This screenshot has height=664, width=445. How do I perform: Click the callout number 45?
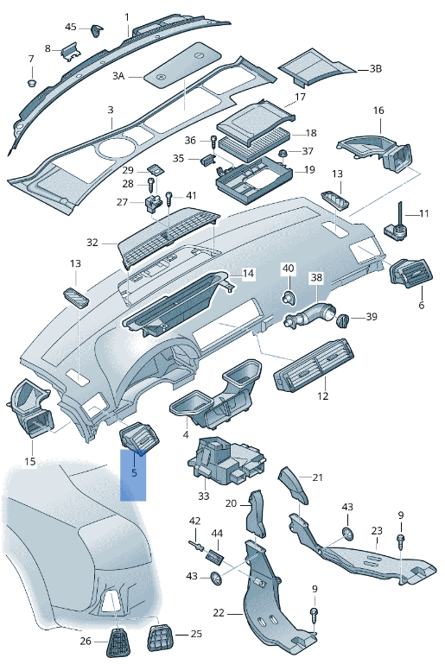point(70,28)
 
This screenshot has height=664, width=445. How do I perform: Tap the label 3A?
point(118,76)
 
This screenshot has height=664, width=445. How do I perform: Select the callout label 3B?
point(375,68)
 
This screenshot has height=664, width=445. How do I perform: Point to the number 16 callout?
point(378,111)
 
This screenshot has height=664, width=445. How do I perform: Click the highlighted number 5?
point(134,473)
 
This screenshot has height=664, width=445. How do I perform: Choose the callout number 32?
point(92,243)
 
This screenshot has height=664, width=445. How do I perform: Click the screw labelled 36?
point(213,140)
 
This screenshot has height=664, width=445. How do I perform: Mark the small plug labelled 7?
point(32,83)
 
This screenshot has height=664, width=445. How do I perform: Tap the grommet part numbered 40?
point(287,298)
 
